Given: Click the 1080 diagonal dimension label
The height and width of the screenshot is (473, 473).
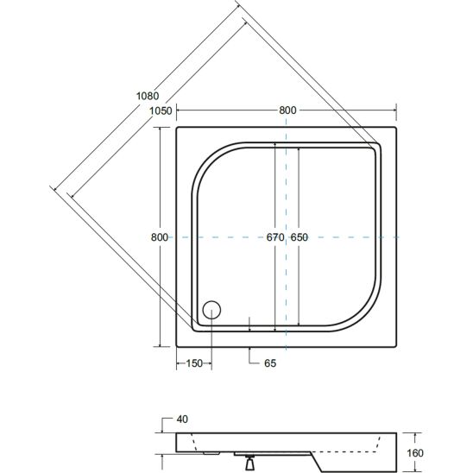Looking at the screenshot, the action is pos(148,96).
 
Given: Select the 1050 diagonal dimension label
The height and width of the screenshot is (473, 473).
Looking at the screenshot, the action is pos(161,111).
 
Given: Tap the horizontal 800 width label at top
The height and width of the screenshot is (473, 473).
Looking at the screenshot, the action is pos(287,110).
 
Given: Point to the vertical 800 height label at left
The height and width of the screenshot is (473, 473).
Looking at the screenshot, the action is pos(160,237).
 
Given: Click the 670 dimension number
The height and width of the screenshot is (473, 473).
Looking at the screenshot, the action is pos(275,237).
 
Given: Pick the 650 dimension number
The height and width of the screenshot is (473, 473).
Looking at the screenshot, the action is pos(299,237).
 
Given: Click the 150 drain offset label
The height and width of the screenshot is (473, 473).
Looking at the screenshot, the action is pos(194,363).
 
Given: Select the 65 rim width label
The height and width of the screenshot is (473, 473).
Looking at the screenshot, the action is pos(270,363).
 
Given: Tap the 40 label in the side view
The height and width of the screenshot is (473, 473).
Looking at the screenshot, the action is pos(182,419).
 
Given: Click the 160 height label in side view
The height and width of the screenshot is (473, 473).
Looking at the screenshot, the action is pos(415,453).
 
